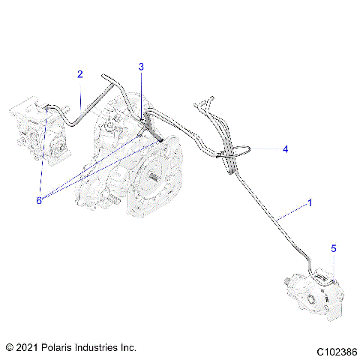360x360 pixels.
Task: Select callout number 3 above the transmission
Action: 141,67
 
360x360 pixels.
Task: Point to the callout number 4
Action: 285,149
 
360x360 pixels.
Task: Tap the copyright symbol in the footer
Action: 10,348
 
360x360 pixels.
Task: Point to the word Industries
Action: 101,348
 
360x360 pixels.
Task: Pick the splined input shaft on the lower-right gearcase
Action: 288,282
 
